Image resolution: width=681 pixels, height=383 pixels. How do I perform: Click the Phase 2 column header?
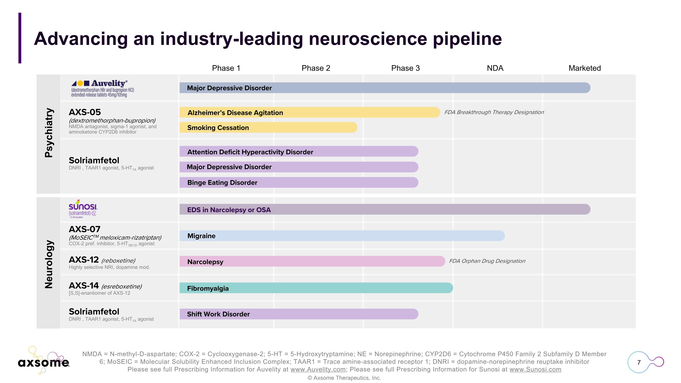pyautogui.click(x=316, y=68)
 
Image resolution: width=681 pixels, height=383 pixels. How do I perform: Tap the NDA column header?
pyautogui.click(x=495, y=68)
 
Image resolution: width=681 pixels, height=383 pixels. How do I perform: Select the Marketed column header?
pyautogui.click(x=585, y=68)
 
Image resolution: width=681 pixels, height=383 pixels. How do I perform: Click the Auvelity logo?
pyautogui.click(x=103, y=89)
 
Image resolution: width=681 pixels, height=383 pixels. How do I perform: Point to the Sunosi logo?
pyautogui.click(x=83, y=209)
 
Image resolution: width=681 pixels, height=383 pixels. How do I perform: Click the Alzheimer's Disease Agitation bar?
pyautogui.click(x=309, y=113)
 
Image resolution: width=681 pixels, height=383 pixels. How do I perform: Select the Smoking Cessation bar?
pyautogui.click(x=268, y=128)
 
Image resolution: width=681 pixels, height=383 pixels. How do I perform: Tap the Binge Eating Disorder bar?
pyautogui.click(x=299, y=183)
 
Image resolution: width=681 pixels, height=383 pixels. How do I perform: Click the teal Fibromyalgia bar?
pyautogui.click(x=316, y=288)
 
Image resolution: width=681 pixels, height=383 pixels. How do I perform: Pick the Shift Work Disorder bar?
pyautogui.click(x=299, y=314)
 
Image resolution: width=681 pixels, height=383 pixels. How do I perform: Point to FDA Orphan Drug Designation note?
pyautogui.click(x=487, y=261)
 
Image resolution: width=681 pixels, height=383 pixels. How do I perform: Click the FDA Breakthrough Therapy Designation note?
pyautogui.click(x=494, y=112)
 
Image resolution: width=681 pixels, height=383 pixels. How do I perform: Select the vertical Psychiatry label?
pyautogui.click(x=49, y=133)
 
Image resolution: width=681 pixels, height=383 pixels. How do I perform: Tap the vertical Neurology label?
pyautogui.click(x=49, y=264)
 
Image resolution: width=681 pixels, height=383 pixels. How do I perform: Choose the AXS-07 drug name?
pyautogui.click(x=85, y=229)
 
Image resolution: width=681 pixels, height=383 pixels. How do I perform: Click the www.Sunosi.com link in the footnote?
pyautogui.click(x=535, y=369)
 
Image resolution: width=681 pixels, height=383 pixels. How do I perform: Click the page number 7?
pyautogui.click(x=639, y=362)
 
